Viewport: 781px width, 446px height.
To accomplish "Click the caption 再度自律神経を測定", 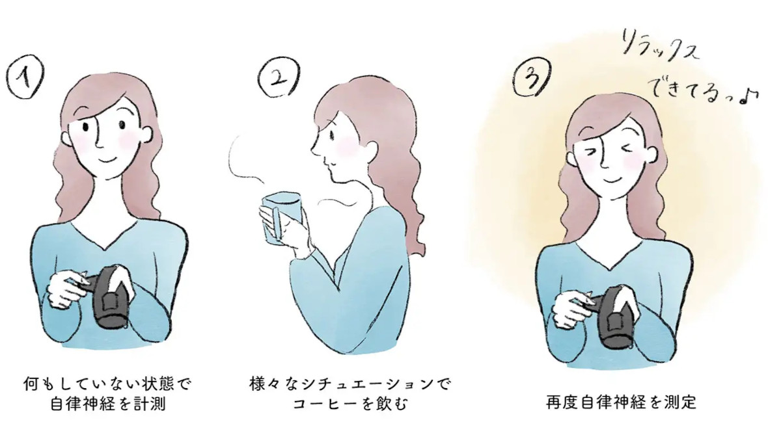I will coord(621,402).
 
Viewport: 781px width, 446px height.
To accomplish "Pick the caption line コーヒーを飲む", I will coord(350,404).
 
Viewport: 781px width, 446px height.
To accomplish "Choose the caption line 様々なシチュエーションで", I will coord(350,383).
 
